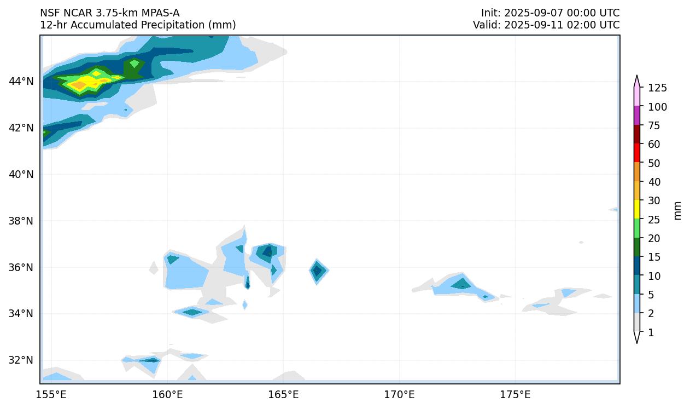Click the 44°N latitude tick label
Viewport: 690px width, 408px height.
coord(21,82)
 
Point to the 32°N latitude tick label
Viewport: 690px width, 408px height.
coord(21,360)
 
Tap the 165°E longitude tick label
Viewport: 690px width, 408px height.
coord(283,394)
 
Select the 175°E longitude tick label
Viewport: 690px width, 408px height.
coord(515,394)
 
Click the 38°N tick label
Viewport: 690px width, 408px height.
coord(21,221)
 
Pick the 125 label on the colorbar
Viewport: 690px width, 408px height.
coord(657,88)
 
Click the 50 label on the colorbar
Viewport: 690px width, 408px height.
coord(654,163)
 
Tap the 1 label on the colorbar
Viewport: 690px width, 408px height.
coord(651,332)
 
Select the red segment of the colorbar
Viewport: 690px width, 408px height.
coord(637,153)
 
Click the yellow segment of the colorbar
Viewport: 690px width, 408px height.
coord(637,209)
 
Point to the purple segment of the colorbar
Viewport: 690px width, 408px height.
coord(637,116)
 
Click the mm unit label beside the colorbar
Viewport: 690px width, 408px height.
coord(678,210)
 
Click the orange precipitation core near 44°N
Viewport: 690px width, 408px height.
coord(79,84)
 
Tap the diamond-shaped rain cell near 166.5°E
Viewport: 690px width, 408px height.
coord(318,271)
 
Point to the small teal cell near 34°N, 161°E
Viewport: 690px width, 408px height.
coord(192,312)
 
